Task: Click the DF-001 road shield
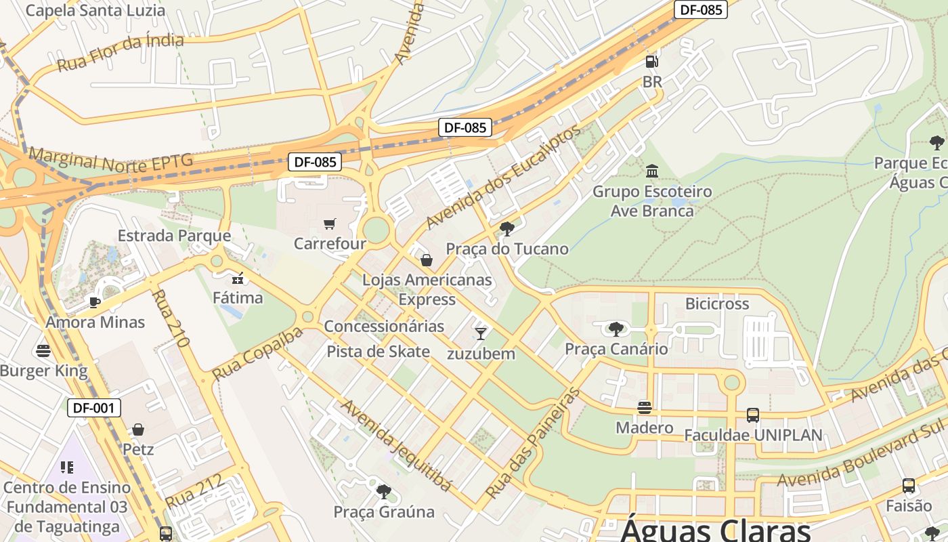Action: (95, 408)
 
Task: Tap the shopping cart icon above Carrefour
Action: (330, 224)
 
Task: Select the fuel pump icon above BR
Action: (651, 62)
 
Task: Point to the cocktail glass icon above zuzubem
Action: (481, 333)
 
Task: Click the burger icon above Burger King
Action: (43, 351)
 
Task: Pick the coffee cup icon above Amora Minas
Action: (95, 302)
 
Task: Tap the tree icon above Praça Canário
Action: (616, 329)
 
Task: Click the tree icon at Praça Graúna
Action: (383, 491)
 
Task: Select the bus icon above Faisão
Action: (909, 486)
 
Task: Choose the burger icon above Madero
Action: (645, 408)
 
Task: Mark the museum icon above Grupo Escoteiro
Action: (652, 171)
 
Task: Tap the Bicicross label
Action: (717, 304)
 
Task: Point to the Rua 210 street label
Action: (169, 318)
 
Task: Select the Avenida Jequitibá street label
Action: (396, 444)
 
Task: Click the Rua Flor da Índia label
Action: (121, 53)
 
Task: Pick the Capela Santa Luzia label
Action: (95, 10)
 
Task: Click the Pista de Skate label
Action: (378, 351)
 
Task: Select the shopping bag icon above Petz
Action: (138, 430)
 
